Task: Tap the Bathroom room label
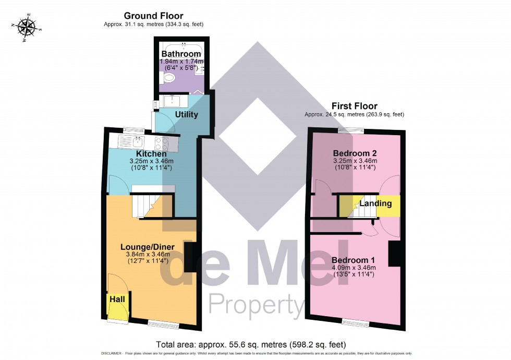click(181, 54)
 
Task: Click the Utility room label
click(186, 114)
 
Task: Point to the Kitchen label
click(151, 154)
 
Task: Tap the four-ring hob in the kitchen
click(161, 143)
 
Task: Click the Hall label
click(117, 299)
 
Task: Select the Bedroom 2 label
click(355, 153)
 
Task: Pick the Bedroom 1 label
click(353, 260)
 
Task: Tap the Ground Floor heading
click(153, 16)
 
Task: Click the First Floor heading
click(354, 106)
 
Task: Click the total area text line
click(251, 344)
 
